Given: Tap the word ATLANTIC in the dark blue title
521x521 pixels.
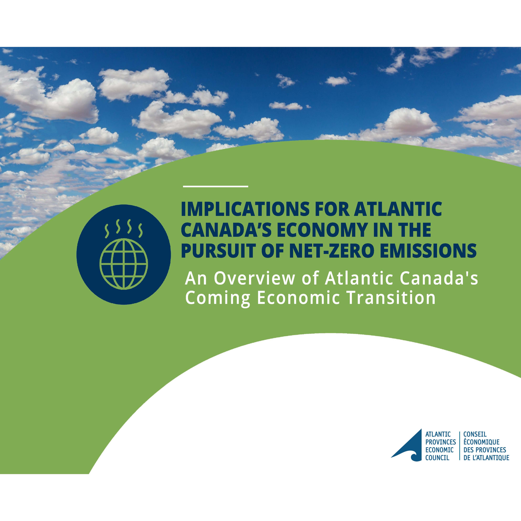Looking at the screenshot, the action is (x=398, y=209).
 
